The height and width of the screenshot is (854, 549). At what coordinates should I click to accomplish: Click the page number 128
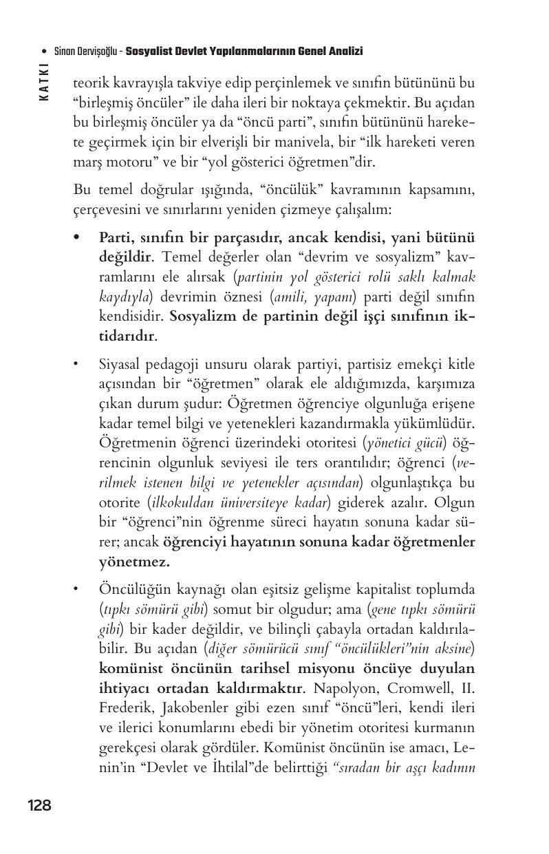point(39,805)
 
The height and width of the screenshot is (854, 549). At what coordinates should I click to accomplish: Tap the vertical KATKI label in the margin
point(45,82)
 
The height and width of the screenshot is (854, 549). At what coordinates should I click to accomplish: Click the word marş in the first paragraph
point(86,164)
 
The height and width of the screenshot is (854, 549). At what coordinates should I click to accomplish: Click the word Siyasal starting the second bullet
point(122,363)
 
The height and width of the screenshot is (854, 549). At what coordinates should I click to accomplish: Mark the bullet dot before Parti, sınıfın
point(78,237)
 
